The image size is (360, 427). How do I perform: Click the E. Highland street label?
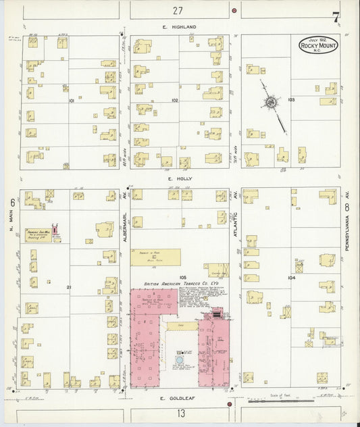(x=179, y=26)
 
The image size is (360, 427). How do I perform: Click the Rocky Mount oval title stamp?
(x=319, y=47)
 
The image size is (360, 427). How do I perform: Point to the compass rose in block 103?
(x=270, y=103)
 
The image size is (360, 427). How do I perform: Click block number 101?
(x=71, y=100)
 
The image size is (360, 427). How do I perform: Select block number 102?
(x=174, y=100)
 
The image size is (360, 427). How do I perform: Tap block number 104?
(x=291, y=277)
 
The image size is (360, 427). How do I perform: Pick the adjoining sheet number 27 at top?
(x=178, y=10)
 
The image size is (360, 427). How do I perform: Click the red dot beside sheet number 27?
(x=234, y=11)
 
